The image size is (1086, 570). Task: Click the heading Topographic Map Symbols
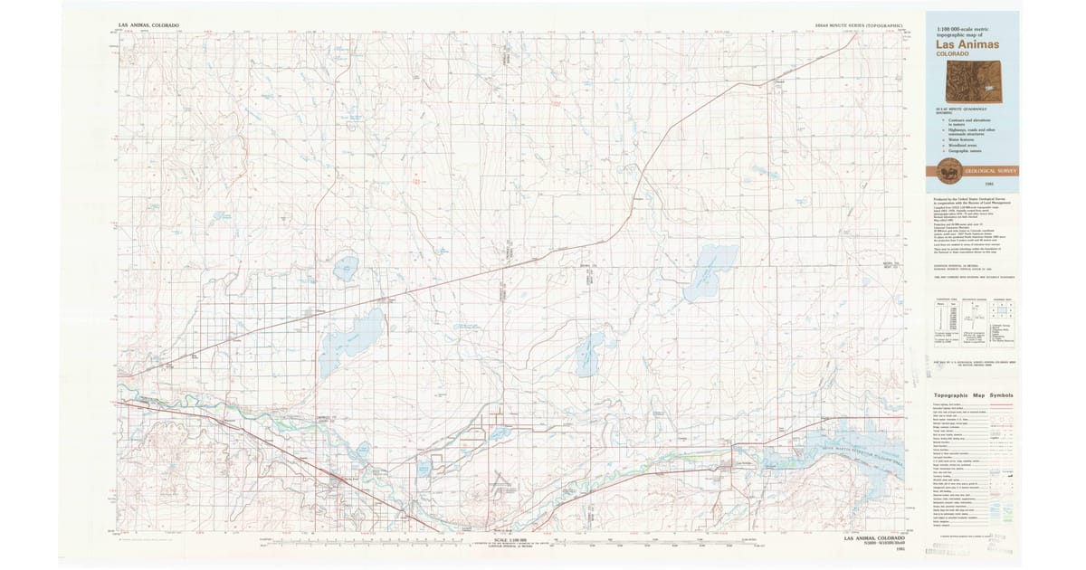pyautogui.click(x=974, y=395)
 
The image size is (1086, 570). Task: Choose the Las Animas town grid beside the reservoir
pyautogui.click(x=733, y=466)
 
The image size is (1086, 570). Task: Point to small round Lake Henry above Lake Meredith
pyautogui.click(x=345, y=268)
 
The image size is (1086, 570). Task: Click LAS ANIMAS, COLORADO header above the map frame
pyautogui.click(x=148, y=25)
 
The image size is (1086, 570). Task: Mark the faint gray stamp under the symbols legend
pyautogui.click(x=999, y=541)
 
